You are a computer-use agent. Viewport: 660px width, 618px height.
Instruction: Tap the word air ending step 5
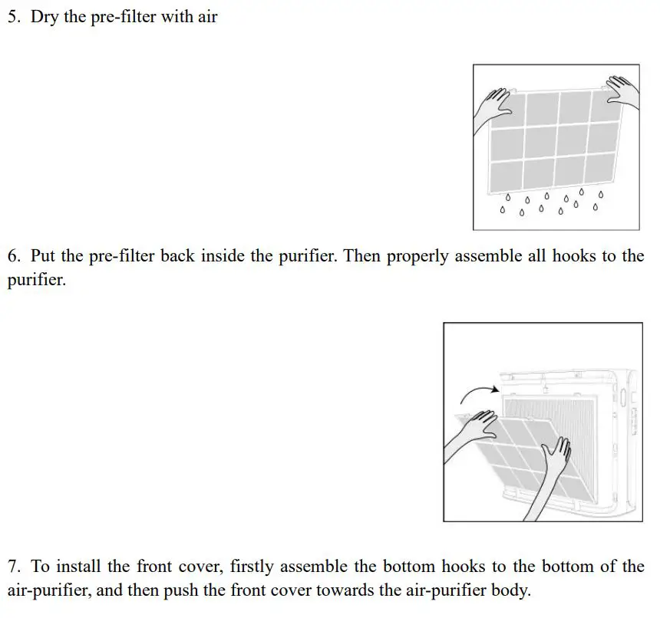click(x=207, y=16)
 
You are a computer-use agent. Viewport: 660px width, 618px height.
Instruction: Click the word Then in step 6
click(x=362, y=256)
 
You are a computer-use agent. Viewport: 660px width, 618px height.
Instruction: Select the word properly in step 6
click(x=417, y=257)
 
